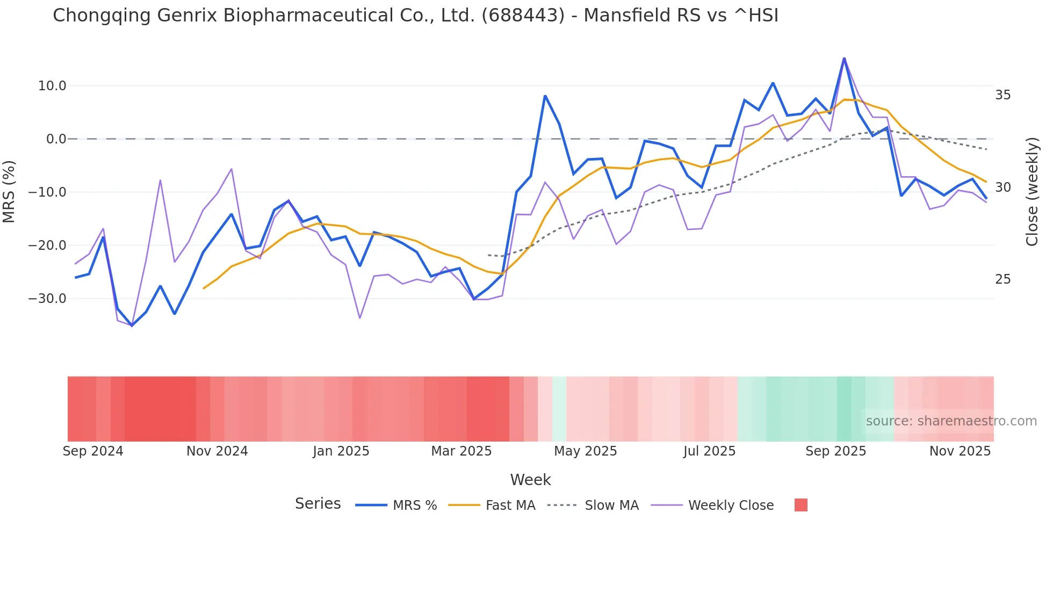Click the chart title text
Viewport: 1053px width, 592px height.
click(x=415, y=16)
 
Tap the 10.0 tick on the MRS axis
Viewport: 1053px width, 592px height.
click(x=52, y=86)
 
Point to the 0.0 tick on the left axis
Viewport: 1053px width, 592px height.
click(x=56, y=139)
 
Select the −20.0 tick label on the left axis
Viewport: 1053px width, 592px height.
click(x=47, y=246)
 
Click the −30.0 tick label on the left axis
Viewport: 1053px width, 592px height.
click(x=47, y=299)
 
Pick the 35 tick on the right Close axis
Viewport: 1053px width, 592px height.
click(x=1002, y=95)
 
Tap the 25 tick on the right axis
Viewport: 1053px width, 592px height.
click(x=1002, y=279)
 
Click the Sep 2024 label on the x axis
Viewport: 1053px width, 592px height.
click(x=93, y=451)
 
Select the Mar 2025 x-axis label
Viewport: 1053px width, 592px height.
click(x=461, y=451)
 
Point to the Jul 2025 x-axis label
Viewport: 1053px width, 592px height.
click(x=709, y=451)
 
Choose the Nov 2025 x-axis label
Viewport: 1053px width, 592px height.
click(x=960, y=451)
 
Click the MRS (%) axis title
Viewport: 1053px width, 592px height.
click(x=9, y=192)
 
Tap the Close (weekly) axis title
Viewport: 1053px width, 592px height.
click(x=1032, y=192)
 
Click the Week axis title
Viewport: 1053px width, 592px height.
click(x=530, y=480)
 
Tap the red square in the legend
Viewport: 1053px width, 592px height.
click(x=800, y=505)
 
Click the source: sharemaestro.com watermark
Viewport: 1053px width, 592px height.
click(x=951, y=421)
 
